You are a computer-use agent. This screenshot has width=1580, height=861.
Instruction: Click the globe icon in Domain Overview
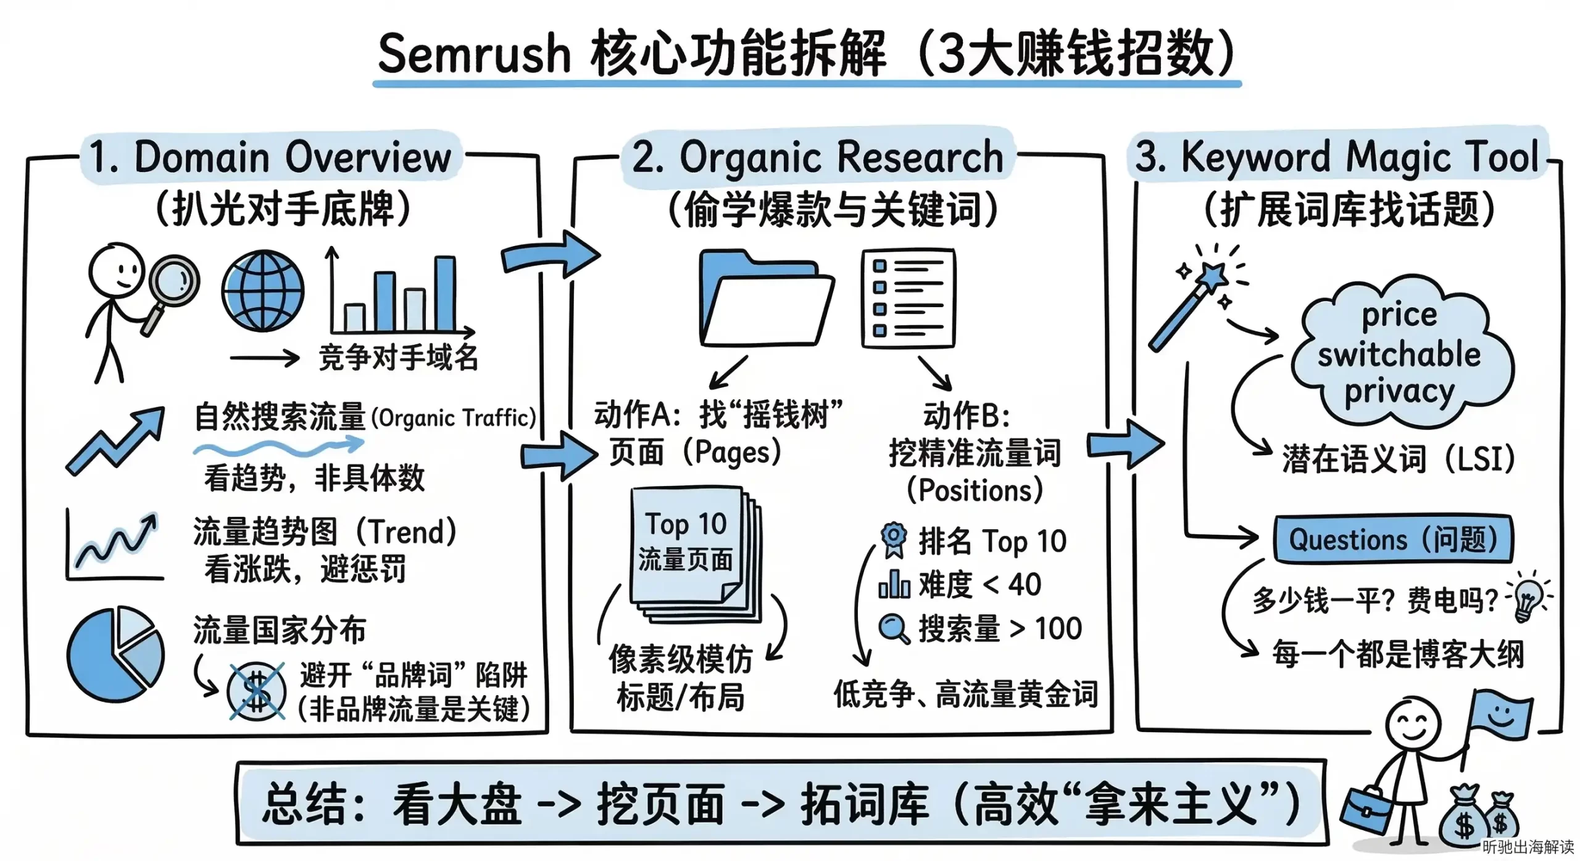263,290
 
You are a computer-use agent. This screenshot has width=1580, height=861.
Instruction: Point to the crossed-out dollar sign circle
256,691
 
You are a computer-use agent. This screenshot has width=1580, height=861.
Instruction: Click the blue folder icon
765,299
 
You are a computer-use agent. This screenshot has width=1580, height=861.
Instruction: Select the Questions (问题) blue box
1393,539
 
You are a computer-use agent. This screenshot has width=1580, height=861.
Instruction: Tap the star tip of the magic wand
1212,277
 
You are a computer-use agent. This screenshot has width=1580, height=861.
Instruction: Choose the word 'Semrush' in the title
474,54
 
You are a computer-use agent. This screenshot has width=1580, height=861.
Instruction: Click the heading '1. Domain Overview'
270,157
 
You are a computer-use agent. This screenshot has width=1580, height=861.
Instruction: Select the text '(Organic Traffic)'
454,418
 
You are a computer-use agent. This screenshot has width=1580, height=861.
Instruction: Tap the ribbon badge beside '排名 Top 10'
893,539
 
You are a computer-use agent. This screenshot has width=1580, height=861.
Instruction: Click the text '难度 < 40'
979,584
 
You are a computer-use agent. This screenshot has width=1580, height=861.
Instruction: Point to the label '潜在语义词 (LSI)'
1398,459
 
